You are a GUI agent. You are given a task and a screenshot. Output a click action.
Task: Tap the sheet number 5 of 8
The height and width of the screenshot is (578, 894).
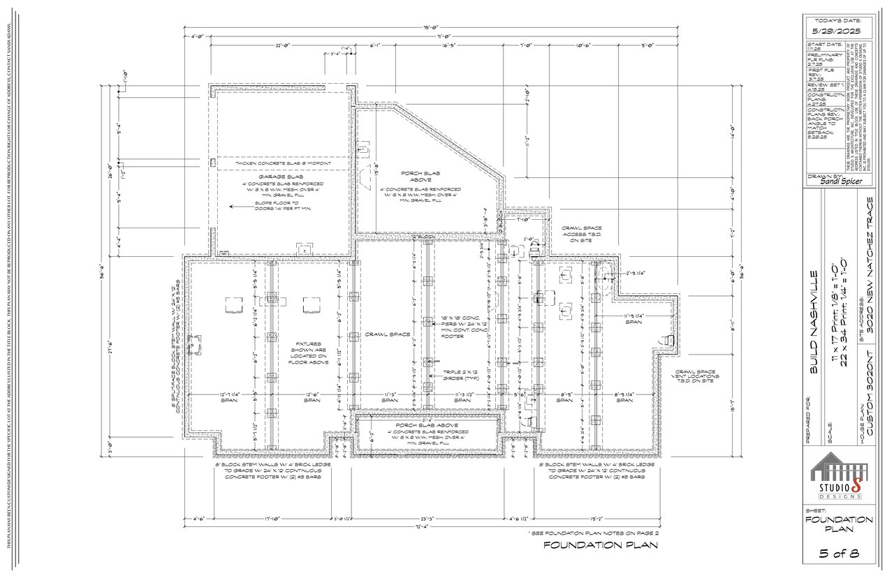click(838, 554)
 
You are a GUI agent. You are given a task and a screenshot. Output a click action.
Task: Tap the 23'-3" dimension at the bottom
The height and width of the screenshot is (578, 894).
click(428, 519)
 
